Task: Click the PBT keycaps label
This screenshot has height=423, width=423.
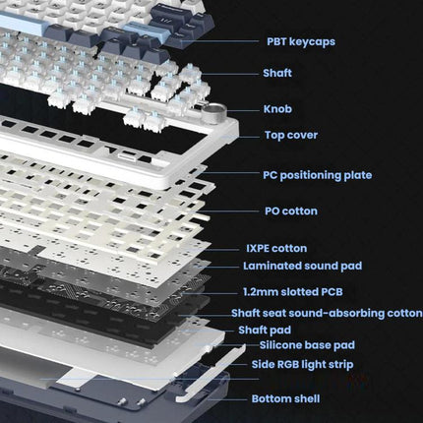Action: pyautogui.click(x=301, y=42)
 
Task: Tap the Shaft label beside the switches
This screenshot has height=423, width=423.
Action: pyautogui.click(x=277, y=73)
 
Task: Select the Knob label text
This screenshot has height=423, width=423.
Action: pyautogui.click(x=277, y=109)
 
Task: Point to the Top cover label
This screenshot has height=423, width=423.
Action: pyautogui.click(x=291, y=135)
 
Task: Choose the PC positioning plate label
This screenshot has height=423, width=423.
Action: pyautogui.click(x=317, y=175)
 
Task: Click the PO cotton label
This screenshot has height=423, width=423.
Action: pyautogui.click(x=291, y=211)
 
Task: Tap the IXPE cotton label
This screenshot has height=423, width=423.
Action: pyautogui.click(x=276, y=248)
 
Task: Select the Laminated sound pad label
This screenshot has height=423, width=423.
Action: pyautogui.click(x=302, y=266)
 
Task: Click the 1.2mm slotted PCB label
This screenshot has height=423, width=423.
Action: pyautogui.click(x=293, y=291)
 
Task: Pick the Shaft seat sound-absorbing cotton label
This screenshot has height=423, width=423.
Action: pyautogui.click(x=327, y=313)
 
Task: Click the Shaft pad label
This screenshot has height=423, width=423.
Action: pyautogui.click(x=265, y=330)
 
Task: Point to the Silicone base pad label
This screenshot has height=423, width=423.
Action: pyautogui.click(x=307, y=345)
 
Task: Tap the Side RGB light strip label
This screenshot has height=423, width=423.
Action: pyautogui.click(x=302, y=364)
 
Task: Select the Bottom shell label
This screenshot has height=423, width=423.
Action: pyautogui.click(x=285, y=398)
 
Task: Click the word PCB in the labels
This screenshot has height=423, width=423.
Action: pyautogui.click(x=332, y=291)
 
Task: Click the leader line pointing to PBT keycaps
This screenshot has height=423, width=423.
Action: pyautogui.click(x=220, y=41)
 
